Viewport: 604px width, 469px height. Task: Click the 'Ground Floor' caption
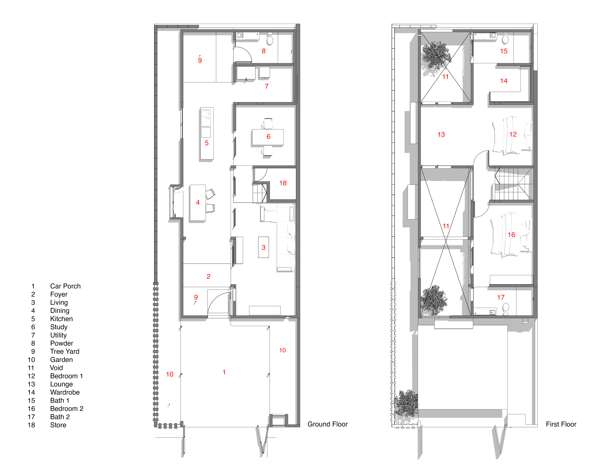tap(327, 424)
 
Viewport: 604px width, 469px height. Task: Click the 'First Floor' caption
tap(561, 424)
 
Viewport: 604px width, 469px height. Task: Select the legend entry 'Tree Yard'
tap(65, 351)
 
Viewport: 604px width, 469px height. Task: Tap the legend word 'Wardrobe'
tap(65, 392)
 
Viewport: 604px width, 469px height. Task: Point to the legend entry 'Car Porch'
tap(65, 286)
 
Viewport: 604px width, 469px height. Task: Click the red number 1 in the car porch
tap(224, 372)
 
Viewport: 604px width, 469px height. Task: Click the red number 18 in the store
tap(283, 183)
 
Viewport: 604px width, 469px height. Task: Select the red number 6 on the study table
tap(268, 137)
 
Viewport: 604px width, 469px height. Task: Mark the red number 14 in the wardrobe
tap(504, 81)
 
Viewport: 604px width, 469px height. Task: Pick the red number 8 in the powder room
tap(264, 51)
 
